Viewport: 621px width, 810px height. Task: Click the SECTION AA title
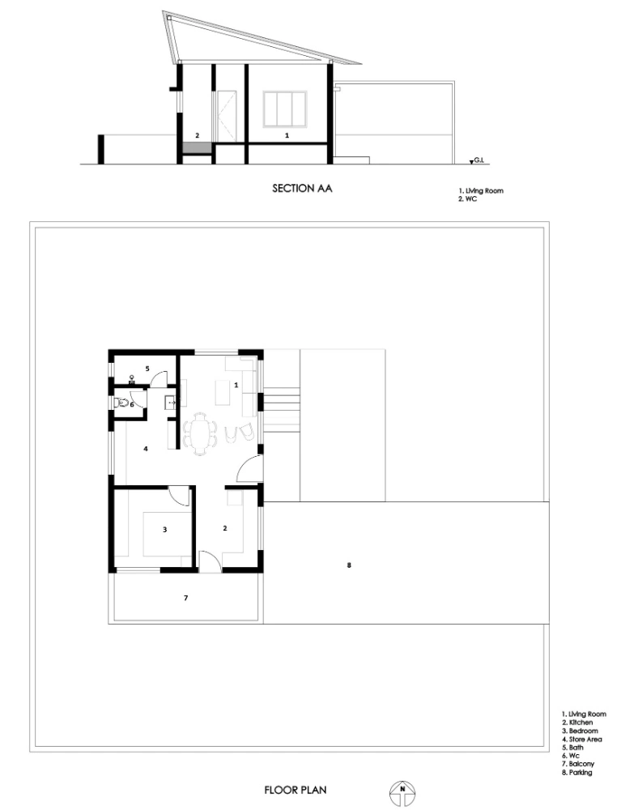pos(302,189)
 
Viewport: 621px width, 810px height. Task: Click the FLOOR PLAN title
pos(296,790)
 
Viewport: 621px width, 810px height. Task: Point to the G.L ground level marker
pos(476,162)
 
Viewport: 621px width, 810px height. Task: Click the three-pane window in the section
pos(285,109)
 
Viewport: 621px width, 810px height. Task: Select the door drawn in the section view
pos(226,116)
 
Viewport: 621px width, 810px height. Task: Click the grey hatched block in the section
pos(197,147)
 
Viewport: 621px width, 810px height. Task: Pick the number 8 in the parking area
pos(349,565)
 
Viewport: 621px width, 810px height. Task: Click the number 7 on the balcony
pos(186,598)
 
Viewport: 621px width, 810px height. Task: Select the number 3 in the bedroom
pos(164,530)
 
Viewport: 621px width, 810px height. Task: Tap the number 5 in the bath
pos(147,369)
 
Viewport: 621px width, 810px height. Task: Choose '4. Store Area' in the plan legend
pos(582,740)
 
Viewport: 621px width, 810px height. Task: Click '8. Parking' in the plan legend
pos(576,772)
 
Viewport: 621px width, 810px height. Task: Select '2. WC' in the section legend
pos(468,199)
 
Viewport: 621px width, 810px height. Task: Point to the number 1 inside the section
pos(287,135)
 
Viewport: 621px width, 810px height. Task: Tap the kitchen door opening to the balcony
pos(210,561)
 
